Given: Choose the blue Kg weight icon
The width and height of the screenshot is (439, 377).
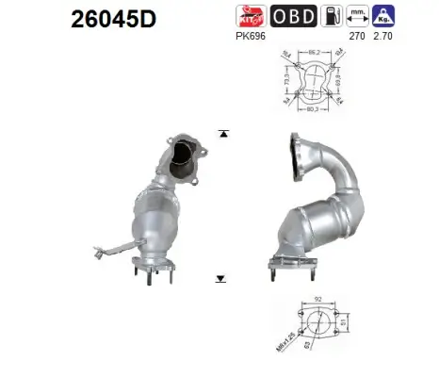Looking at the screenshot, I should click(382, 16).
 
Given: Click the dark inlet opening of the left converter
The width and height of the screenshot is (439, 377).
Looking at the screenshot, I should click(187, 154).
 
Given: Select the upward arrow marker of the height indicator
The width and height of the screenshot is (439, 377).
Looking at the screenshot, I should click(222, 134).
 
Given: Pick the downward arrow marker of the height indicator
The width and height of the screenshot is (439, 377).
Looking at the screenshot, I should click(222, 279).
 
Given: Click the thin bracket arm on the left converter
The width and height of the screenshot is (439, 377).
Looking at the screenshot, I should click(117, 249).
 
